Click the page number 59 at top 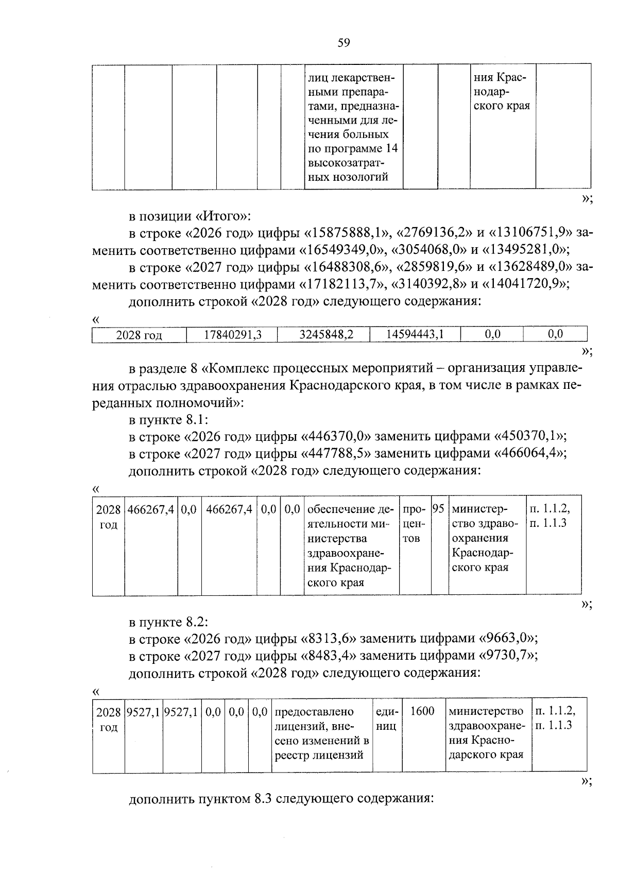[x=344, y=43]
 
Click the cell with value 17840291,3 [x=232, y=335]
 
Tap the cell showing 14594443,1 [x=415, y=335]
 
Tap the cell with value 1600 [x=422, y=712]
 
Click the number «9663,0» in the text [x=508, y=639]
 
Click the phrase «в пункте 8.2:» [x=168, y=622]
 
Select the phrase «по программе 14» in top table [x=353, y=149]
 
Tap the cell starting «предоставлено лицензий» [x=321, y=733]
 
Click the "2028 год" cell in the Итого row [x=139, y=335]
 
